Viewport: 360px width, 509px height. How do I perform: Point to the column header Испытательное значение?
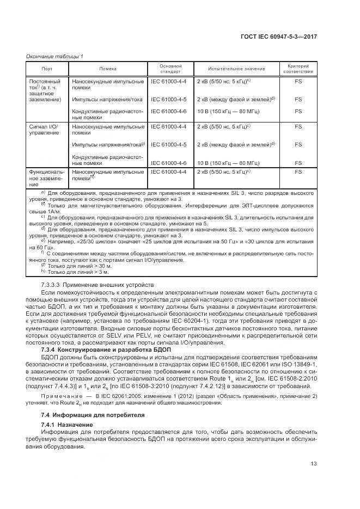click(x=236, y=69)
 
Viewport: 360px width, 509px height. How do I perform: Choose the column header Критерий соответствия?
click(x=298, y=69)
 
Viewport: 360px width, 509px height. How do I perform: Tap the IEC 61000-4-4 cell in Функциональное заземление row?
click(x=168, y=171)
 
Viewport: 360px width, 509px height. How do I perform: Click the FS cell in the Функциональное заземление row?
click(x=298, y=171)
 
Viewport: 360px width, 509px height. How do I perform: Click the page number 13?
click(x=314, y=463)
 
